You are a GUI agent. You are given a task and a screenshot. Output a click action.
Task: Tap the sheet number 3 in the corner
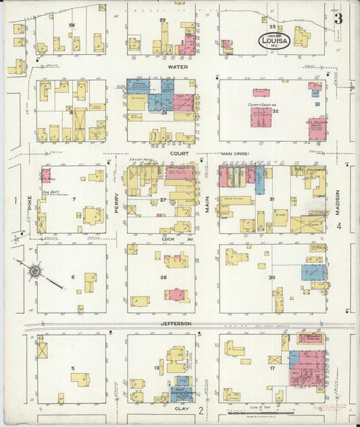338,18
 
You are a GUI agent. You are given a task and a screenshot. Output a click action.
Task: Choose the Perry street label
116,201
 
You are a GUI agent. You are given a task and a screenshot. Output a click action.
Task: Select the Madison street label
338,201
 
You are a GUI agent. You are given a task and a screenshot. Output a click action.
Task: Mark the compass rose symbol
33,272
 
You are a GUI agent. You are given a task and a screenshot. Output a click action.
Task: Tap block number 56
72,25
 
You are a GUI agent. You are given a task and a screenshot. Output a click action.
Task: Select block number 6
73,277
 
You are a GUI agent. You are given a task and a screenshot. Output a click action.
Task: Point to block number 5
73,368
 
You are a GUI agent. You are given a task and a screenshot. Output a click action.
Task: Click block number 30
272,277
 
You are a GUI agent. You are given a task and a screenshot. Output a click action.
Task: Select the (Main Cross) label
235,153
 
